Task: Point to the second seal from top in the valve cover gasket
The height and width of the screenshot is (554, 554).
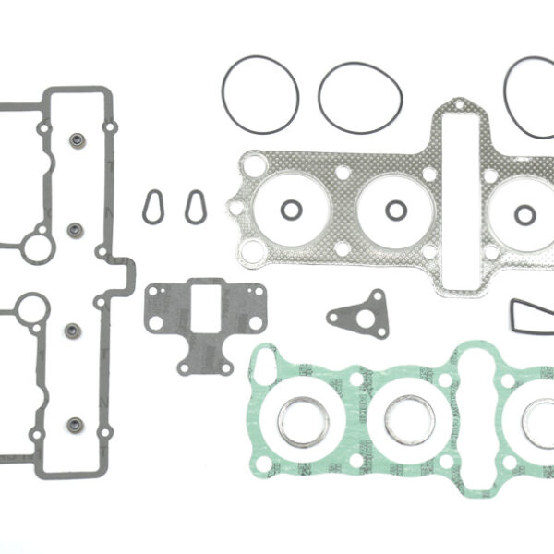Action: tap(78, 227)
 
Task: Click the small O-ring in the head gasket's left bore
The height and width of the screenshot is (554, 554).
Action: tap(290, 210)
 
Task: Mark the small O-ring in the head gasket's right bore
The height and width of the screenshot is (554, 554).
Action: tap(524, 214)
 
